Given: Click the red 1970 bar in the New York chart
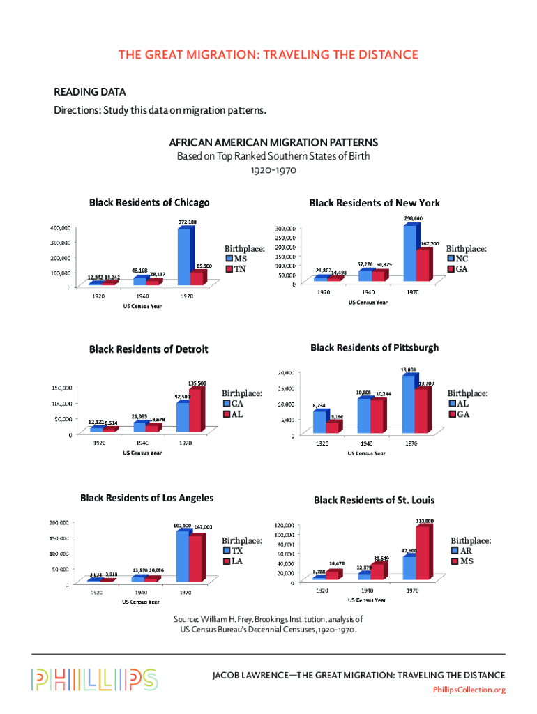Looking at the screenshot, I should point(423,265).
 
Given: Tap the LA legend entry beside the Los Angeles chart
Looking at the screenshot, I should point(238,561).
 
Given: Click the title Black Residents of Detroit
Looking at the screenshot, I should point(148,349).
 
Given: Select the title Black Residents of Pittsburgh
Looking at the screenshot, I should point(374,347).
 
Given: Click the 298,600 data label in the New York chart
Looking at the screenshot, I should point(413,218).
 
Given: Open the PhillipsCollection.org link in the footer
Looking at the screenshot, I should point(469,690).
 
